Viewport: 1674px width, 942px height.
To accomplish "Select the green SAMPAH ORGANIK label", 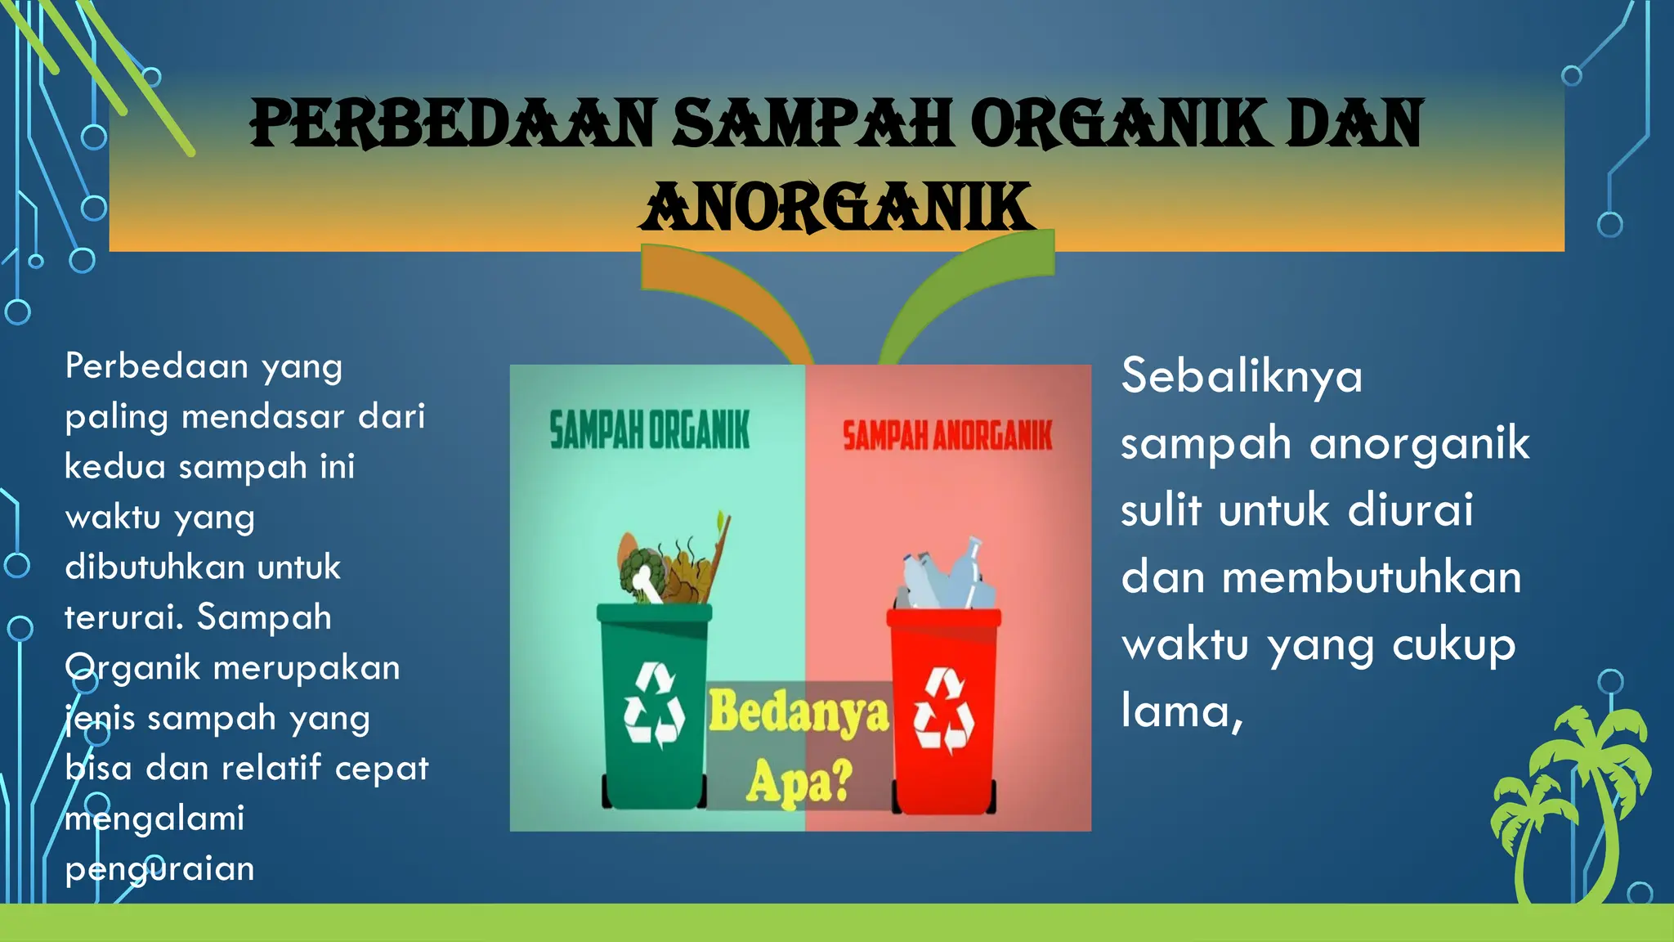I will (649, 431).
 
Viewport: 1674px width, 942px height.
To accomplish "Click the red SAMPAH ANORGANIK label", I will (947, 436).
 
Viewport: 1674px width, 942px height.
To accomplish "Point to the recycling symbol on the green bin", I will (654, 706).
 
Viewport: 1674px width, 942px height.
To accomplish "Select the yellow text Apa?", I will (799, 780).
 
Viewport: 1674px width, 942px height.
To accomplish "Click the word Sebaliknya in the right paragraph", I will (1242, 378).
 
